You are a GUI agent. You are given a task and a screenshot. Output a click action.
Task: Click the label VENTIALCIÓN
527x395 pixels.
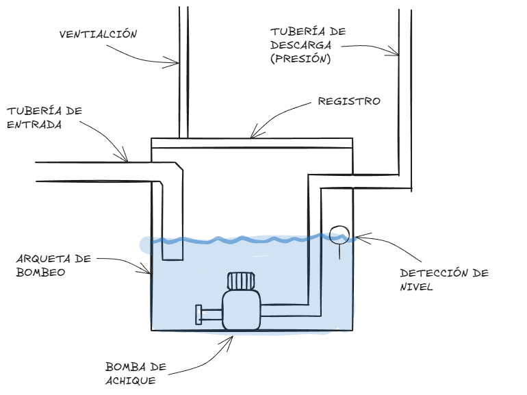(x=99, y=34)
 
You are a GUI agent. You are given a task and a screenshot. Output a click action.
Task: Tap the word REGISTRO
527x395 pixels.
(x=348, y=101)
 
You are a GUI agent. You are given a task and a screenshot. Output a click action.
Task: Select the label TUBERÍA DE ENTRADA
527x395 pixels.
(x=44, y=117)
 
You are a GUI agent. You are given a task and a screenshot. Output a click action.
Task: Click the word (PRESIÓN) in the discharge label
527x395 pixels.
(x=300, y=58)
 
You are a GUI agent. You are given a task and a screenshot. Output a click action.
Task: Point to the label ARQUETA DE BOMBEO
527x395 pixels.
(x=53, y=266)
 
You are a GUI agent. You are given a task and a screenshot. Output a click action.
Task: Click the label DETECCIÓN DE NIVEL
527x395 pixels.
(x=444, y=279)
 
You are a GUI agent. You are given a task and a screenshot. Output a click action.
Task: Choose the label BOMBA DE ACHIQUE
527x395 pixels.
(x=136, y=372)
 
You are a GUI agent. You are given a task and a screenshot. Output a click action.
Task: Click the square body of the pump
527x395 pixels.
(x=240, y=310)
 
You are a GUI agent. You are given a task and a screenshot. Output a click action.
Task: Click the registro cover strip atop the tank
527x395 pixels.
(x=251, y=144)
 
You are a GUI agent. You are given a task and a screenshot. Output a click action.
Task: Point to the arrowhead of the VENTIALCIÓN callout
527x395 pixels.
(x=177, y=64)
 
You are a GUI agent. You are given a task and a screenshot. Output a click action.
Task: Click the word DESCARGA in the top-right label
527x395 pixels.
(x=300, y=45)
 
